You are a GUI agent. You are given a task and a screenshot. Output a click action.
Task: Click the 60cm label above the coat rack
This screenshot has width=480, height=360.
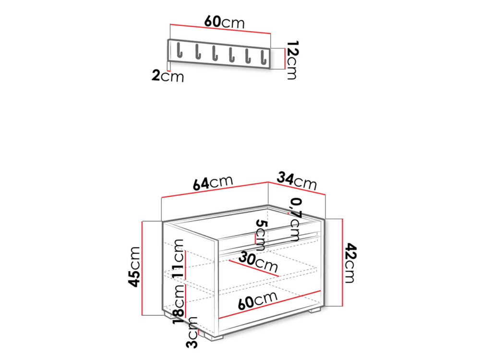[224, 22]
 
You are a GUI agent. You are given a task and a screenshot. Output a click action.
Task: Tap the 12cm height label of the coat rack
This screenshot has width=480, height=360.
[292, 60]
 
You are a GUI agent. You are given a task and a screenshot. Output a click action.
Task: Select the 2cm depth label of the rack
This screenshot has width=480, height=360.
[168, 76]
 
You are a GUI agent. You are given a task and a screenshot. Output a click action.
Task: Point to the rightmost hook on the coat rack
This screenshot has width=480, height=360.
[263, 57]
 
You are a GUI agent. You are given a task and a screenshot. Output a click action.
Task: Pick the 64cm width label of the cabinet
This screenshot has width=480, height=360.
[213, 183]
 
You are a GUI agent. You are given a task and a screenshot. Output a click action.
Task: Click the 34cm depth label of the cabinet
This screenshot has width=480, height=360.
[297, 181]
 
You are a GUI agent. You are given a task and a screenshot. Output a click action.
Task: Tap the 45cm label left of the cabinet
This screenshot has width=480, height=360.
[134, 267]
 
